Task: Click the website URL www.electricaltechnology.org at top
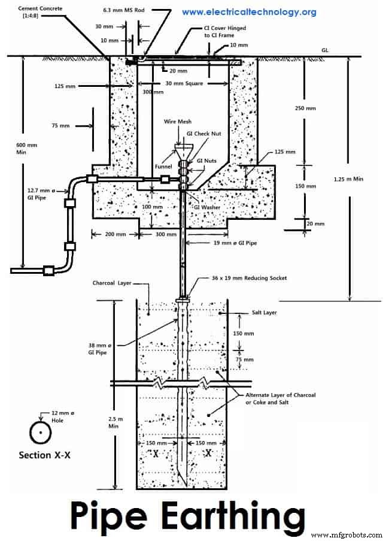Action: click(x=248, y=12)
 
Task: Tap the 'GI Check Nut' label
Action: click(x=205, y=134)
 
